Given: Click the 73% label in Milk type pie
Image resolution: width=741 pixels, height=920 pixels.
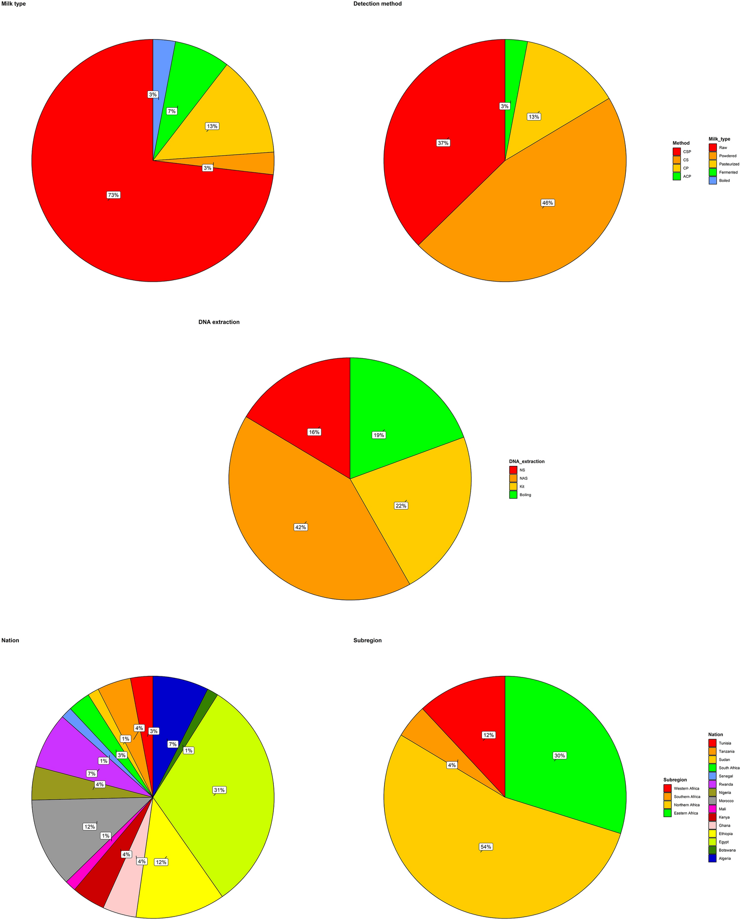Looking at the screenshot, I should pyautogui.click(x=114, y=195).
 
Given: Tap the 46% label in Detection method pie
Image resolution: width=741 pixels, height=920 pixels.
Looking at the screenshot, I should pyautogui.click(x=547, y=203).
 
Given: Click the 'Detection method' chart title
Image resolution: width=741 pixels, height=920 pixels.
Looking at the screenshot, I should pyautogui.click(x=377, y=4).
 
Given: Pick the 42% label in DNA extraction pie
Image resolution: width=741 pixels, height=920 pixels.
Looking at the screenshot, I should pyautogui.click(x=301, y=527).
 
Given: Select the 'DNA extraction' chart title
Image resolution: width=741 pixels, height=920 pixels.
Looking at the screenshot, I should pyautogui.click(x=219, y=322).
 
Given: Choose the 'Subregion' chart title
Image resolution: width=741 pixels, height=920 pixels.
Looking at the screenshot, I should pyautogui.click(x=367, y=640).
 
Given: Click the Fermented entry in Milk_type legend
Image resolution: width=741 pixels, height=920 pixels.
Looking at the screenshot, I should pyautogui.click(x=728, y=172).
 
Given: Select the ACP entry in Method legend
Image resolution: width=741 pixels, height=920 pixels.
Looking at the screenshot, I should pyautogui.click(x=687, y=176).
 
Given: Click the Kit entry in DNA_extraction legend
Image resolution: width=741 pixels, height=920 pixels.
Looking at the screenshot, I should pyautogui.click(x=522, y=487).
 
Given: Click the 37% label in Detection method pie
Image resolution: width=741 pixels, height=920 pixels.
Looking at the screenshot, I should pyautogui.click(x=443, y=143).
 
